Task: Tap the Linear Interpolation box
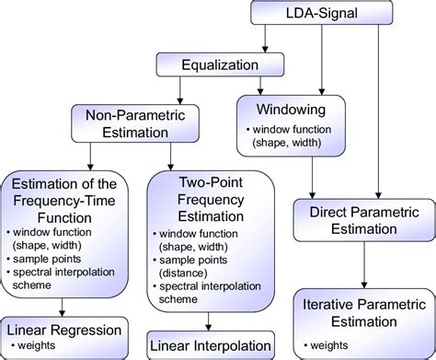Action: tap(210, 343)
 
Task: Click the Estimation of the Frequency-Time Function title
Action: tap(63, 195)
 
